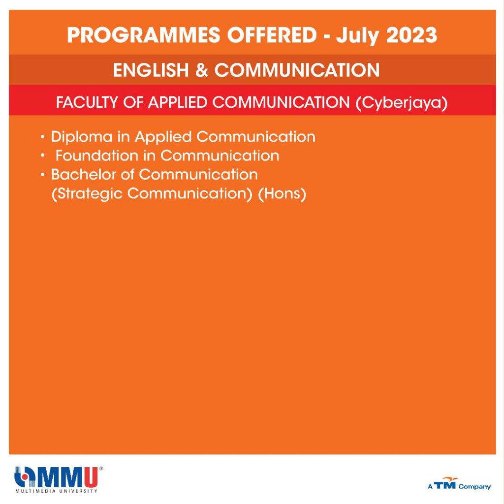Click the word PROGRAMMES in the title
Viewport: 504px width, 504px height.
144,35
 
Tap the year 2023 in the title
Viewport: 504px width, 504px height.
411,35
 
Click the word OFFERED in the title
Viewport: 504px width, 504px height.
272,35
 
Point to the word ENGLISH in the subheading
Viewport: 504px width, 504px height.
151,70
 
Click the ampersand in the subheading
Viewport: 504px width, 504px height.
201,70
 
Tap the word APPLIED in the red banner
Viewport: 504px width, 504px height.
177,102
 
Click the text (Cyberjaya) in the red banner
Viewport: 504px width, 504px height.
402,103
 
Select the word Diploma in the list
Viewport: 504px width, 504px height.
82,137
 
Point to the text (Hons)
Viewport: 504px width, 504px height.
282,194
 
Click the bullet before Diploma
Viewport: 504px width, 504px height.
43,137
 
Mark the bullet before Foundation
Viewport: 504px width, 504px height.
43,156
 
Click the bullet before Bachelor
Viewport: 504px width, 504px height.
43,175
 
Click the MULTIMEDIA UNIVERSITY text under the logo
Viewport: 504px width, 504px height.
56,491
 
